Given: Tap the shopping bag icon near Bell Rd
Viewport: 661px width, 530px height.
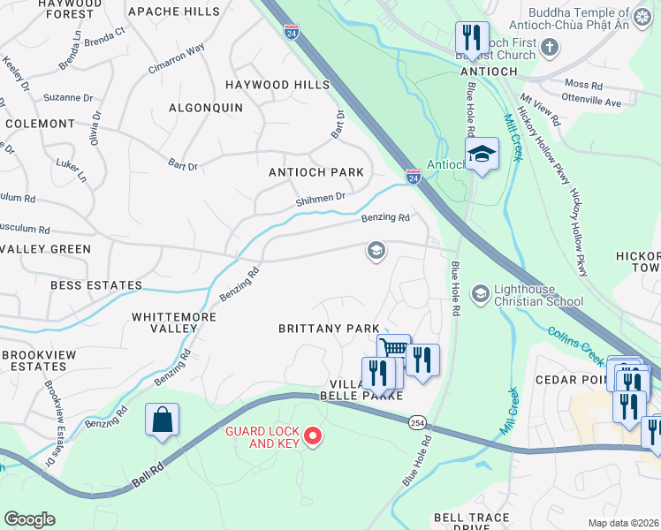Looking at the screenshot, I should pyautogui.click(x=163, y=420).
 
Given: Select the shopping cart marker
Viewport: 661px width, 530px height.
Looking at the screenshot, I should pyautogui.click(x=393, y=347).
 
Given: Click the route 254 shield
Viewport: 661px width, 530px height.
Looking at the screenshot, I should pyautogui.click(x=416, y=425).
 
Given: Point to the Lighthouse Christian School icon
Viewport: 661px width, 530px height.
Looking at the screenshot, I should pyautogui.click(x=481, y=293).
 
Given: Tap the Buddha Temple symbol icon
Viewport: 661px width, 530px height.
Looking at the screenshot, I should pyautogui.click(x=643, y=15).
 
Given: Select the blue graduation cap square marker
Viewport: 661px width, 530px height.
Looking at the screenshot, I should pyautogui.click(x=482, y=154).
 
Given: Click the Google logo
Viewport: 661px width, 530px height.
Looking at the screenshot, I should pyautogui.click(x=29, y=519).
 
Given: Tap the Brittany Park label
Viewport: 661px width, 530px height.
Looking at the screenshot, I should pyautogui.click(x=329, y=328).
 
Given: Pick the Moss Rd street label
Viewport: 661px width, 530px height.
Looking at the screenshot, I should pyautogui.click(x=585, y=86).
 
